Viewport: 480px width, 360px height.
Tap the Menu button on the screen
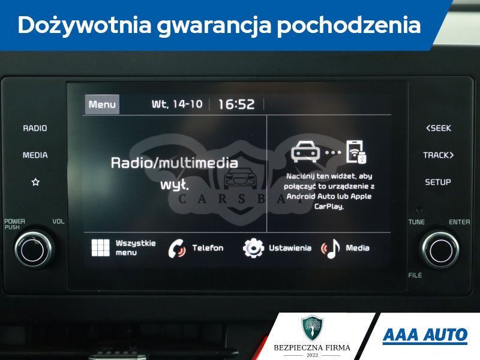[x=102, y=104]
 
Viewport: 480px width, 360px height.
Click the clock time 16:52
[x=236, y=104]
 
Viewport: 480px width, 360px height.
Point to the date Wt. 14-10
[x=177, y=104]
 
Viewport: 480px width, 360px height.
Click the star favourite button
[x=35, y=182]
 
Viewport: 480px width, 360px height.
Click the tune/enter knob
[x=440, y=250]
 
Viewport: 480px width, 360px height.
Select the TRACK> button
[x=439, y=155]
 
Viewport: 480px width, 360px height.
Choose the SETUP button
[x=438, y=182]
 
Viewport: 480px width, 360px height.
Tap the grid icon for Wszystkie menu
[x=100, y=248]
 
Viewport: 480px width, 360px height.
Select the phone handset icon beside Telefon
[x=177, y=248]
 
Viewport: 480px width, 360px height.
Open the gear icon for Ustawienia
[x=253, y=248]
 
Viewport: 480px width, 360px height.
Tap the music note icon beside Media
[x=331, y=248]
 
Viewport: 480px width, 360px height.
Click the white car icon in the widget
[x=305, y=152]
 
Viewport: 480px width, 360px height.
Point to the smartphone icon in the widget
[x=356, y=152]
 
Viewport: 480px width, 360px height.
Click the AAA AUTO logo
[x=425, y=335]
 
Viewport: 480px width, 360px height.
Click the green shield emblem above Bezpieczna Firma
[x=312, y=328]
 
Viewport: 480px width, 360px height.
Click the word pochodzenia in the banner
[x=349, y=25]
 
